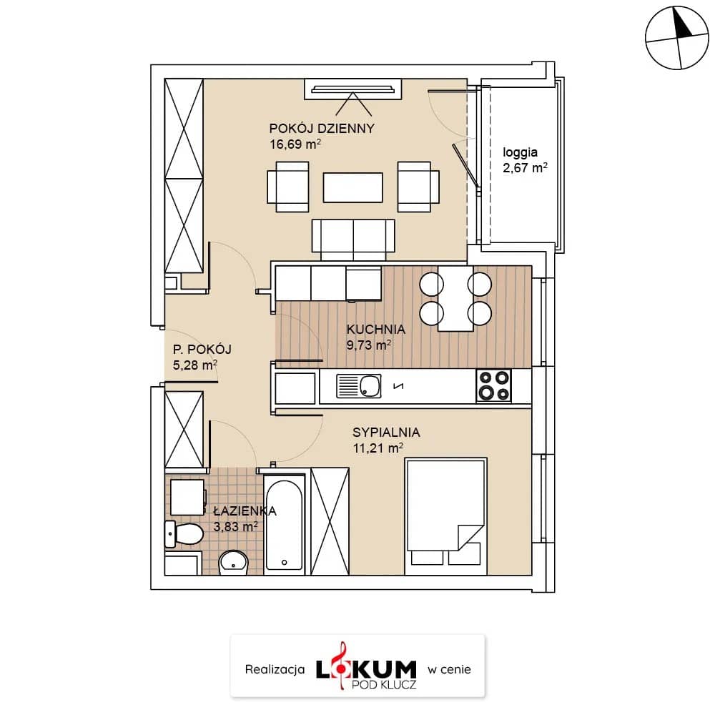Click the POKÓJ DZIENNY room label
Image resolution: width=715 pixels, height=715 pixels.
pyautogui.click(x=322, y=128)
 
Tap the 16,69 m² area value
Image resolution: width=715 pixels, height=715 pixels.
pyautogui.click(x=295, y=144)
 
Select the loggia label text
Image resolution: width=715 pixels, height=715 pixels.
pyautogui.click(x=520, y=153)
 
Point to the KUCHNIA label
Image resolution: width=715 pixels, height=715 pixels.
pyautogui.click(x=376, y=329)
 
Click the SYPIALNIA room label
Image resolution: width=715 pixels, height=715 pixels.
pyautogui.click(x=386, y=433)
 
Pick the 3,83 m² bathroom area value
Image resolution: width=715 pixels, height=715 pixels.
pyautogui.click(x=236, y=527)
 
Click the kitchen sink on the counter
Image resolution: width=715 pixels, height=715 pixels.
pyautogui.click(x=358, y=386)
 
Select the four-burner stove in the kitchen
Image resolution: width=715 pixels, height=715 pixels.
pyautogui.click(x=494, y=386)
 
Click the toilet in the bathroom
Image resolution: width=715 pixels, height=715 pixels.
pyautogui.click(x=184, y=533)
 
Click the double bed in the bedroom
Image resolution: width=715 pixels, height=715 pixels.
pyautogui.click(x=446, y=516)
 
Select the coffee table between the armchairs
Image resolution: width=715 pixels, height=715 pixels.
pyautogui.click(x=353, y=187)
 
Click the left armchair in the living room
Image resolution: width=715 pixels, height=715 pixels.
pyautogui.click(x=288, y=187)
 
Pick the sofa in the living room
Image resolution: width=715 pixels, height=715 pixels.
pyautogui.click(x=353, y=240)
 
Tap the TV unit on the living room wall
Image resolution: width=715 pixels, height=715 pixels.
pyautogui.click(x=353, y=89)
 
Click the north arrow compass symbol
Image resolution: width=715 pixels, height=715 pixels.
pyautogui.click(x=677, y=38)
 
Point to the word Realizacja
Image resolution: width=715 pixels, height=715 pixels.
pyautogui.click(x=275, y=669)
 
